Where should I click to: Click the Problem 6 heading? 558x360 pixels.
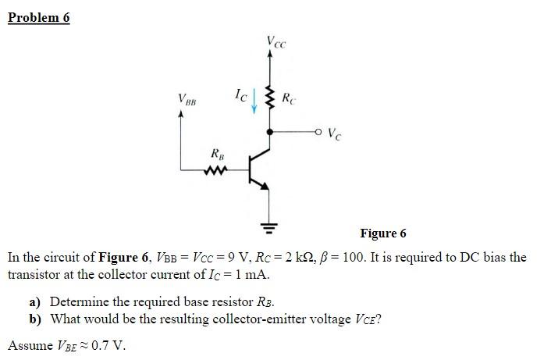point(38,17)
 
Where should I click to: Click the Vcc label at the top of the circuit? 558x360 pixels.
point(275,41)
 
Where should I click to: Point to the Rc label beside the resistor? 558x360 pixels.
point(288,99)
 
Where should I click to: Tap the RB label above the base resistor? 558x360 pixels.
point(219,153)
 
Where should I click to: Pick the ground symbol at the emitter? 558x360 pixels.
point(271,229)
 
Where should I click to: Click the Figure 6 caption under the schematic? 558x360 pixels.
point(383,233)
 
